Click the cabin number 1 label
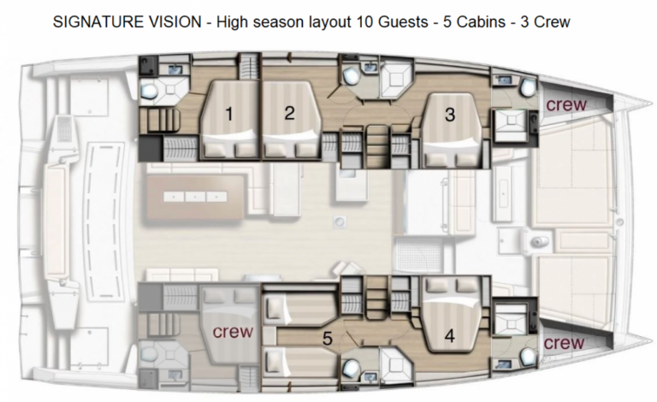228,114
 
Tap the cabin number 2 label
289,113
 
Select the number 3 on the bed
450,115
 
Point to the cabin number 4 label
450,336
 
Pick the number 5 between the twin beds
328,339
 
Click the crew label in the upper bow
566,104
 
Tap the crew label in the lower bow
564,343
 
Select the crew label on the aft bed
233,332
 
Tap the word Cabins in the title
481,21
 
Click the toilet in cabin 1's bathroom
148,89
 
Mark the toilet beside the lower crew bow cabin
528,357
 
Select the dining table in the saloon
193,197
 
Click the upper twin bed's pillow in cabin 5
275,308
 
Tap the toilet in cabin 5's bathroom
350,369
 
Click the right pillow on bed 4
466,286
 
